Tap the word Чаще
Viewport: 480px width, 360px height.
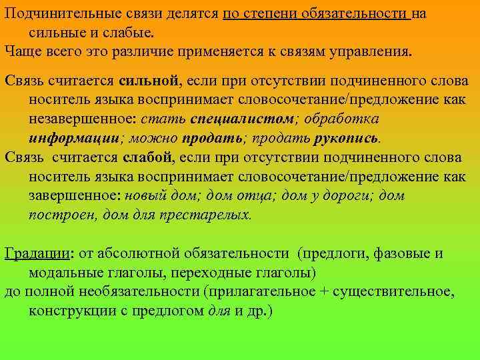23,50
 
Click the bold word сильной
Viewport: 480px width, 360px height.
149,81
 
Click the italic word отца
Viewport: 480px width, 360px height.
249,196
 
